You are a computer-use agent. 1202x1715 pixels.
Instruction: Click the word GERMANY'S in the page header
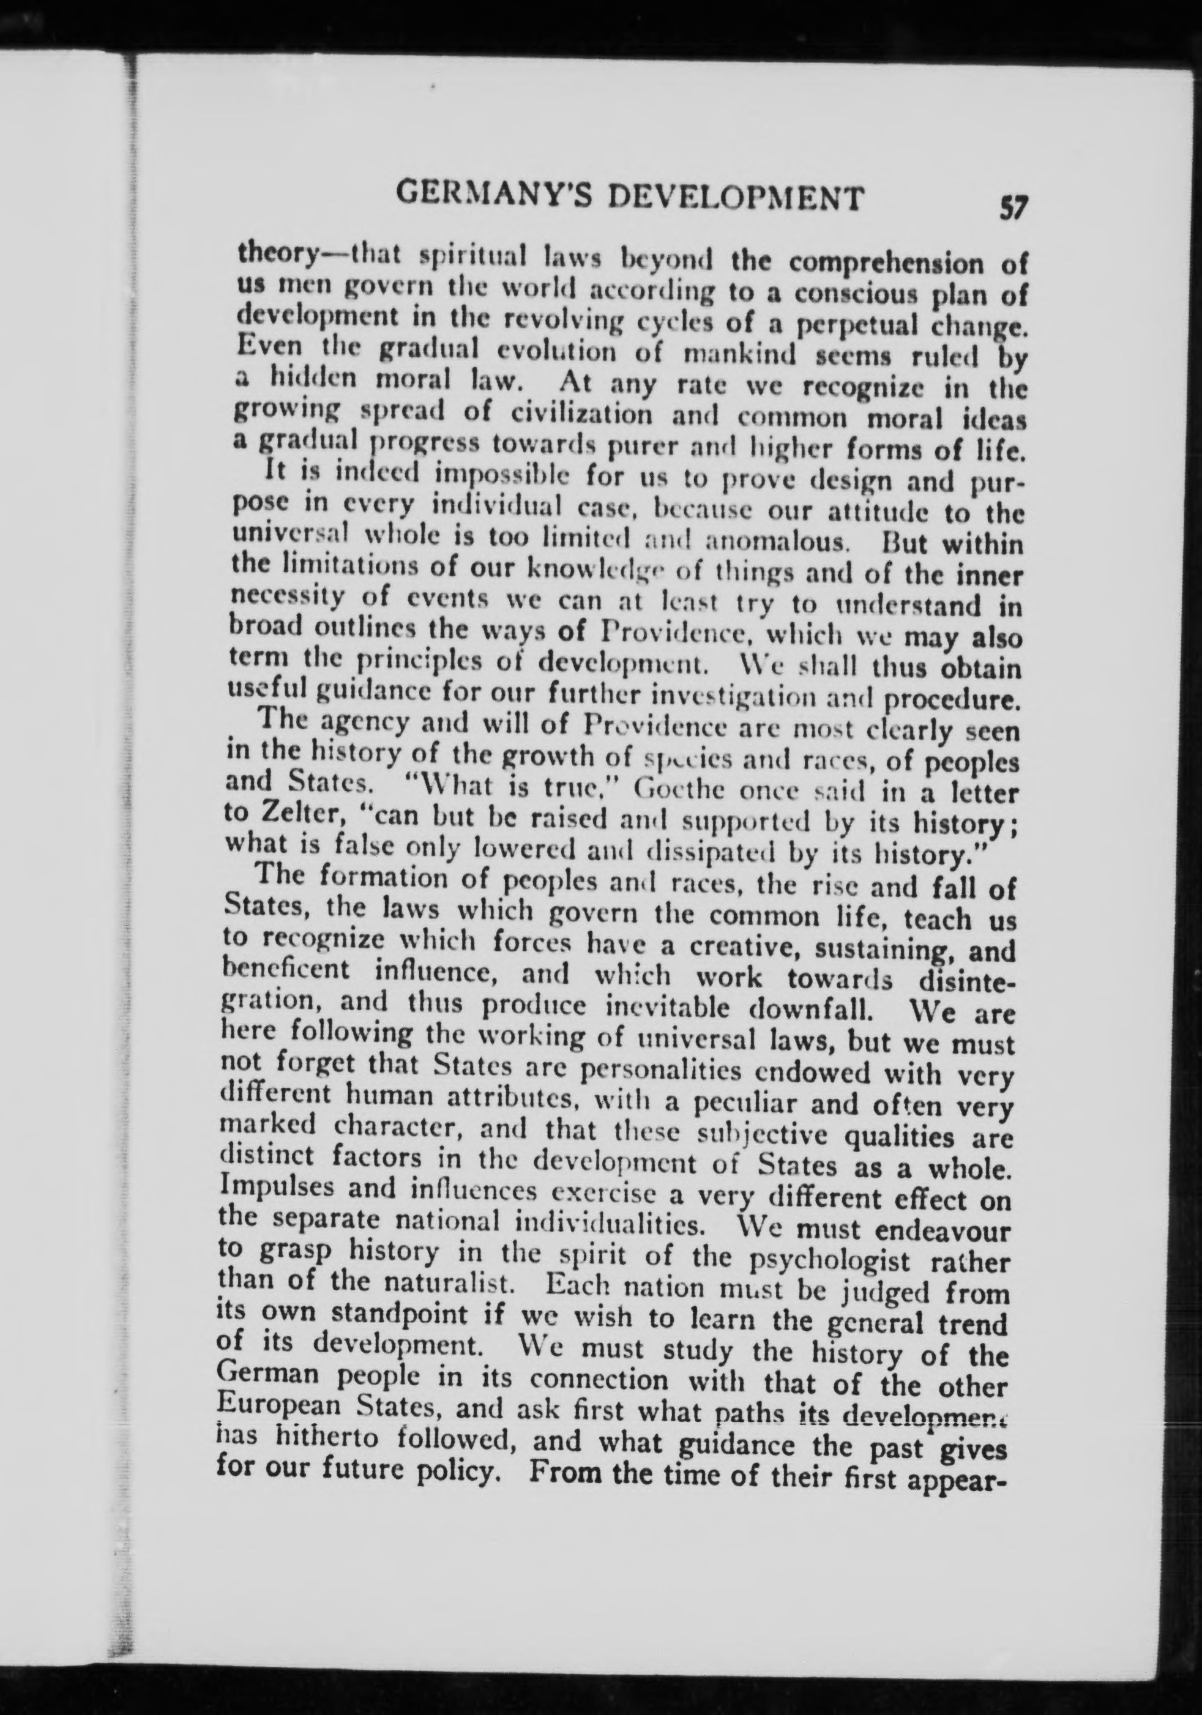pyautogui.click(x=490, y=196)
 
